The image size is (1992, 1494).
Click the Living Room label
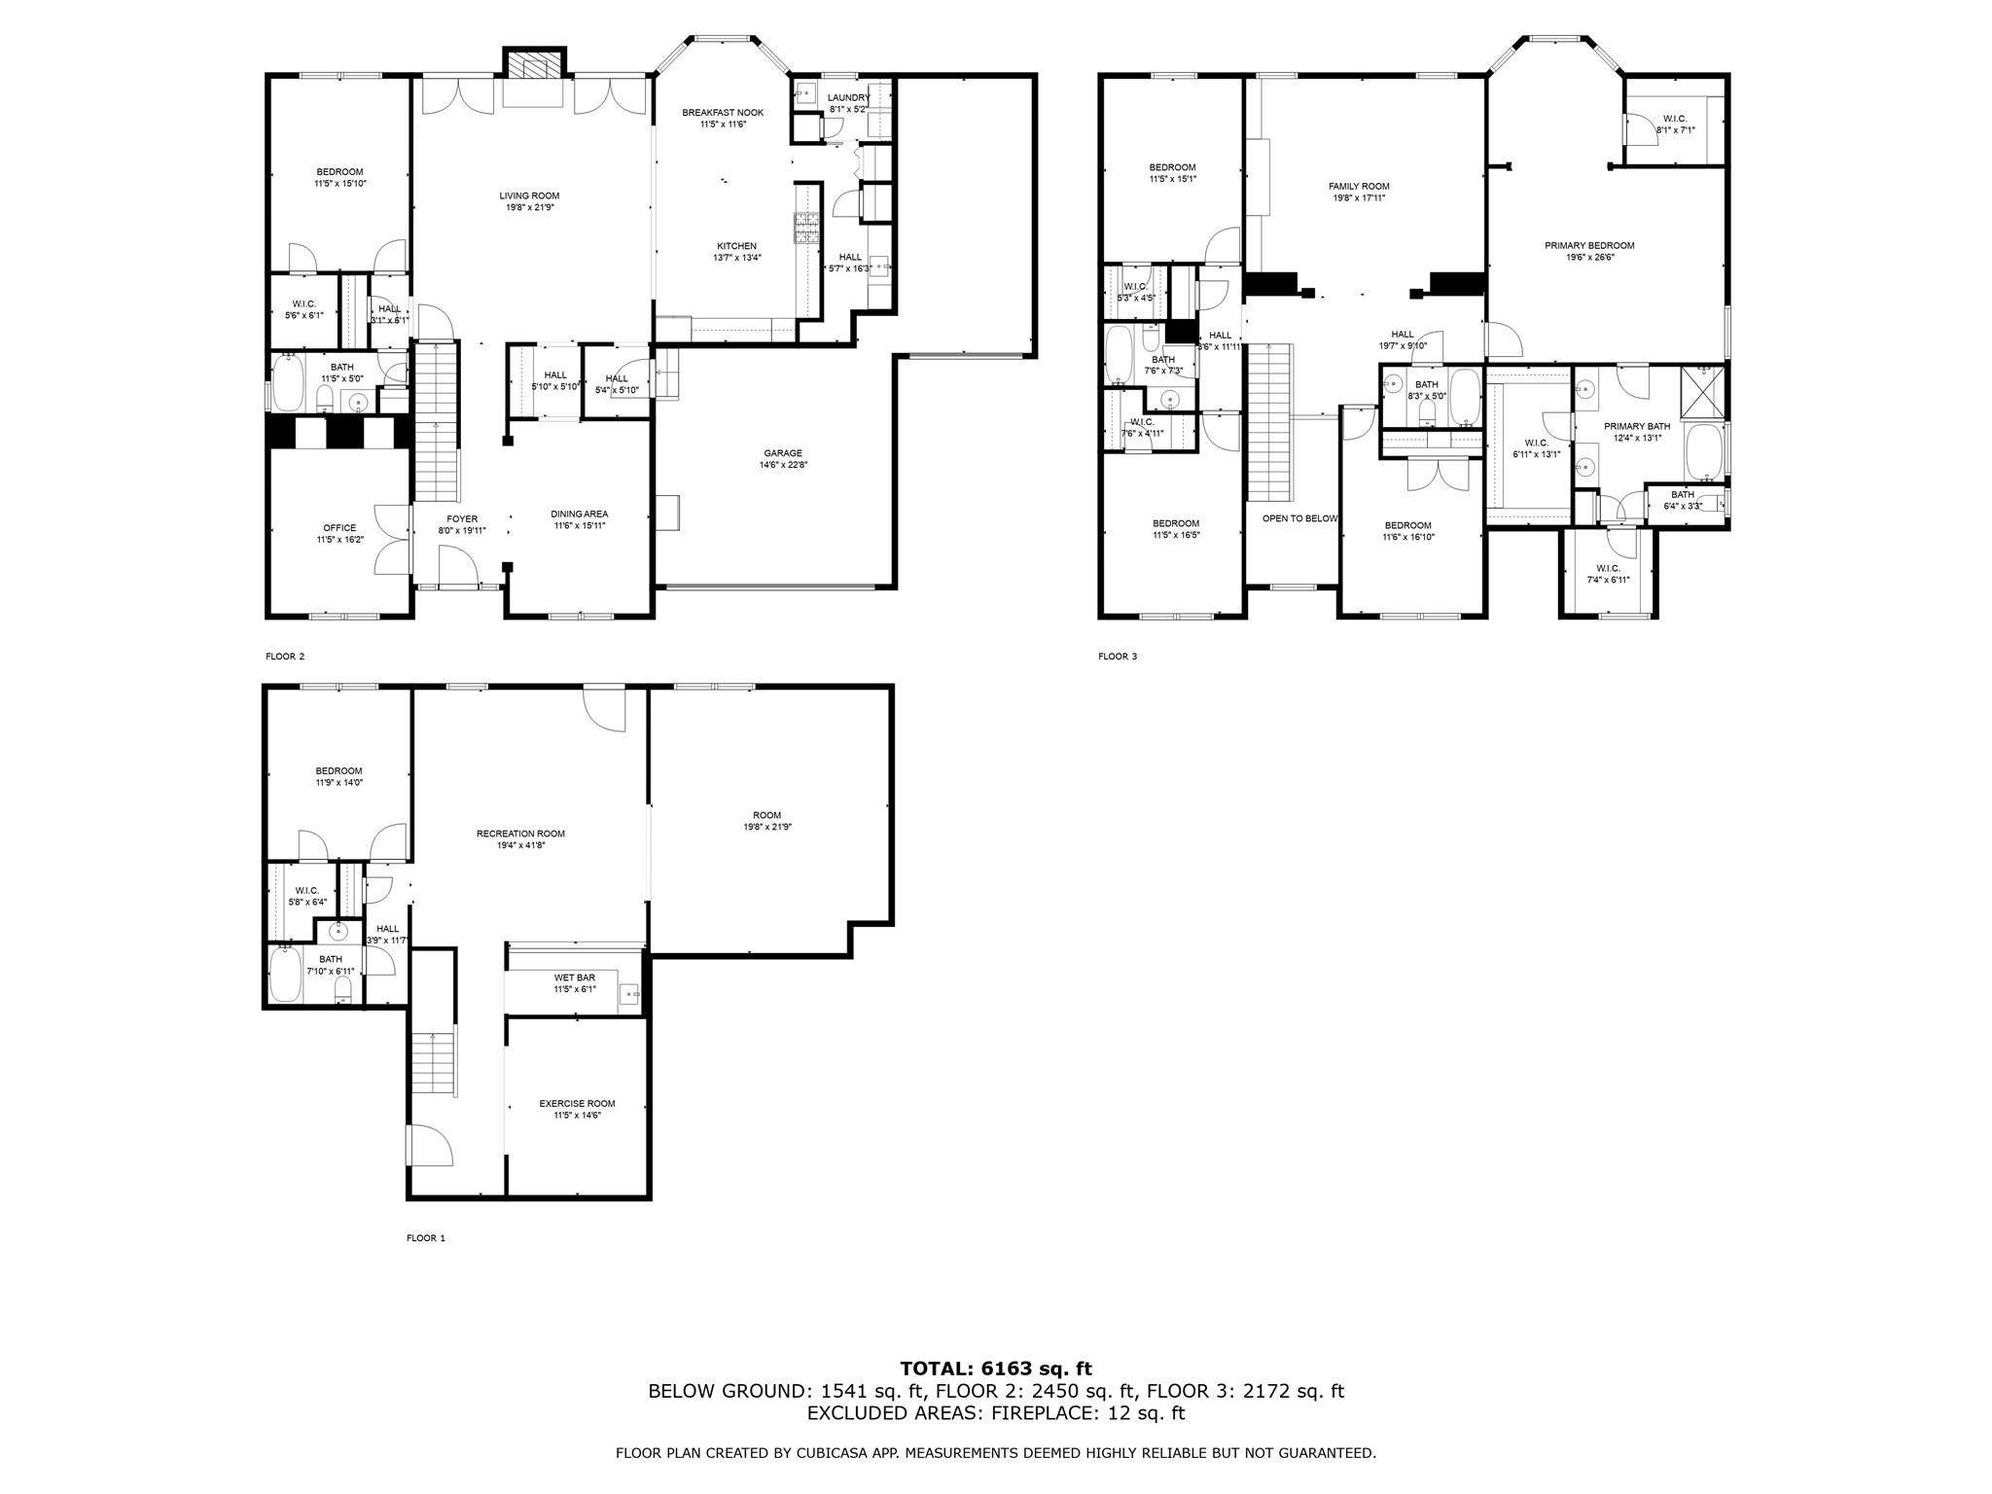point(529,196)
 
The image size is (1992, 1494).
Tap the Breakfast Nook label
point(723,113)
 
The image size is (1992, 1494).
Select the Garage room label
point(783,453)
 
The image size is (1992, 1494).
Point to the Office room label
point(339,528)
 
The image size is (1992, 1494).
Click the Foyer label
point(462,519)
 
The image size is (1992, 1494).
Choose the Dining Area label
point(579,515)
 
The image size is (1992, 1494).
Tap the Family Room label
point(1359,187)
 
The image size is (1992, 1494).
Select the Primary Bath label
point(1637,426)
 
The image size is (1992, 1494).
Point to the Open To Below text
point(1299,518)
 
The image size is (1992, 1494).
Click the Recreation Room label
point(520,834)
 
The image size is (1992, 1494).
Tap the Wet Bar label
point(575,978)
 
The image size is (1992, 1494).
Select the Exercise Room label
point(577,1104)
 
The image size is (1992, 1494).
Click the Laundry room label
point(848,98)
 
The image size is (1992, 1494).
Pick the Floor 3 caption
point(1118,657)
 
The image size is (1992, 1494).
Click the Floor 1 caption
point(425,1238)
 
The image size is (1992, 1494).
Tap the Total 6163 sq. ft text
point(996,1369)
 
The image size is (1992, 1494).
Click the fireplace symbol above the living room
point(533,66)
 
